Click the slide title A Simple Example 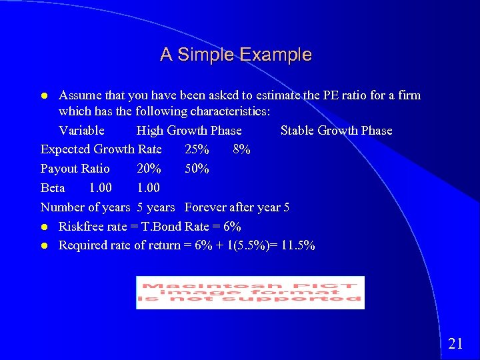pyautogui.click(x=235, y=55)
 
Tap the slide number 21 pyautogui.click(x=455, y=344)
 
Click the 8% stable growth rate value pyautogui.click(x=242, y=149)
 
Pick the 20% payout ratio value pyautogui.click(x=149, y=169)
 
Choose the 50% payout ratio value pyautogui.click(x=197, y=169)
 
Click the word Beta pyautogui.click(x=53, y=188)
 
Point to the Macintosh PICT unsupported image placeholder pyautogui.click(x=250, y=293)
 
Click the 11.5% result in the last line pyautogui.click(x=298, y=245)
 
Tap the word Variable pyautogui.click(x=81, y=131)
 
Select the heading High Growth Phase pyautogui.click(x=189, y=131)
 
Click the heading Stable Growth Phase pyautogui.click(x=336, y=131)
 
